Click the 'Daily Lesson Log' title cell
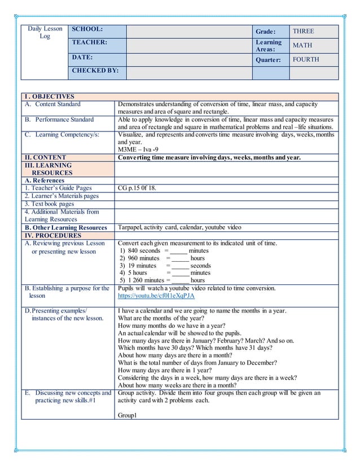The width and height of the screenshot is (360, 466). click(44, 33)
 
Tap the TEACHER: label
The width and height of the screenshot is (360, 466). click(89, 42)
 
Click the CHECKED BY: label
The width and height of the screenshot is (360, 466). click(93, 71)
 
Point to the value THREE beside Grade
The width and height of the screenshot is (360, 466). click(304, 32)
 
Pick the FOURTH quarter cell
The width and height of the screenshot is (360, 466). click(306, 59)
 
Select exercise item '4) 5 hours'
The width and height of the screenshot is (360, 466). click(133, 272)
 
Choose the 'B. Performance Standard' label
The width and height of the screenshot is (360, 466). click(59, 120)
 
